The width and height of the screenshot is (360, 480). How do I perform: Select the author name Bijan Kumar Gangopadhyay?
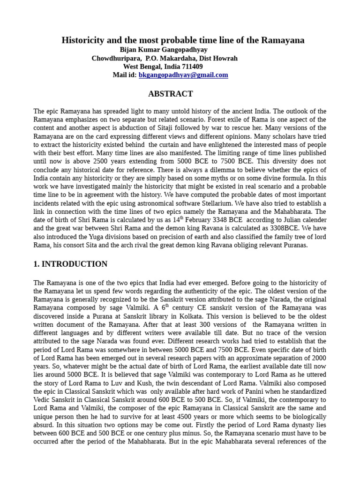(x=164, y=50)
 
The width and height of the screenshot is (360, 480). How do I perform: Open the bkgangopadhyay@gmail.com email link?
(x=183, y=75)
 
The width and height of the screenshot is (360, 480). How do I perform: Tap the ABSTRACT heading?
(x=170, y=94)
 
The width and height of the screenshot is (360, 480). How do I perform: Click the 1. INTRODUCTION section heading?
(x=70, y=264)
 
